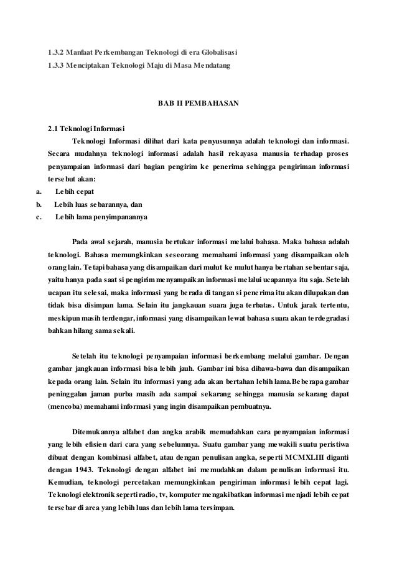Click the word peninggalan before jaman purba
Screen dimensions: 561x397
70,394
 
